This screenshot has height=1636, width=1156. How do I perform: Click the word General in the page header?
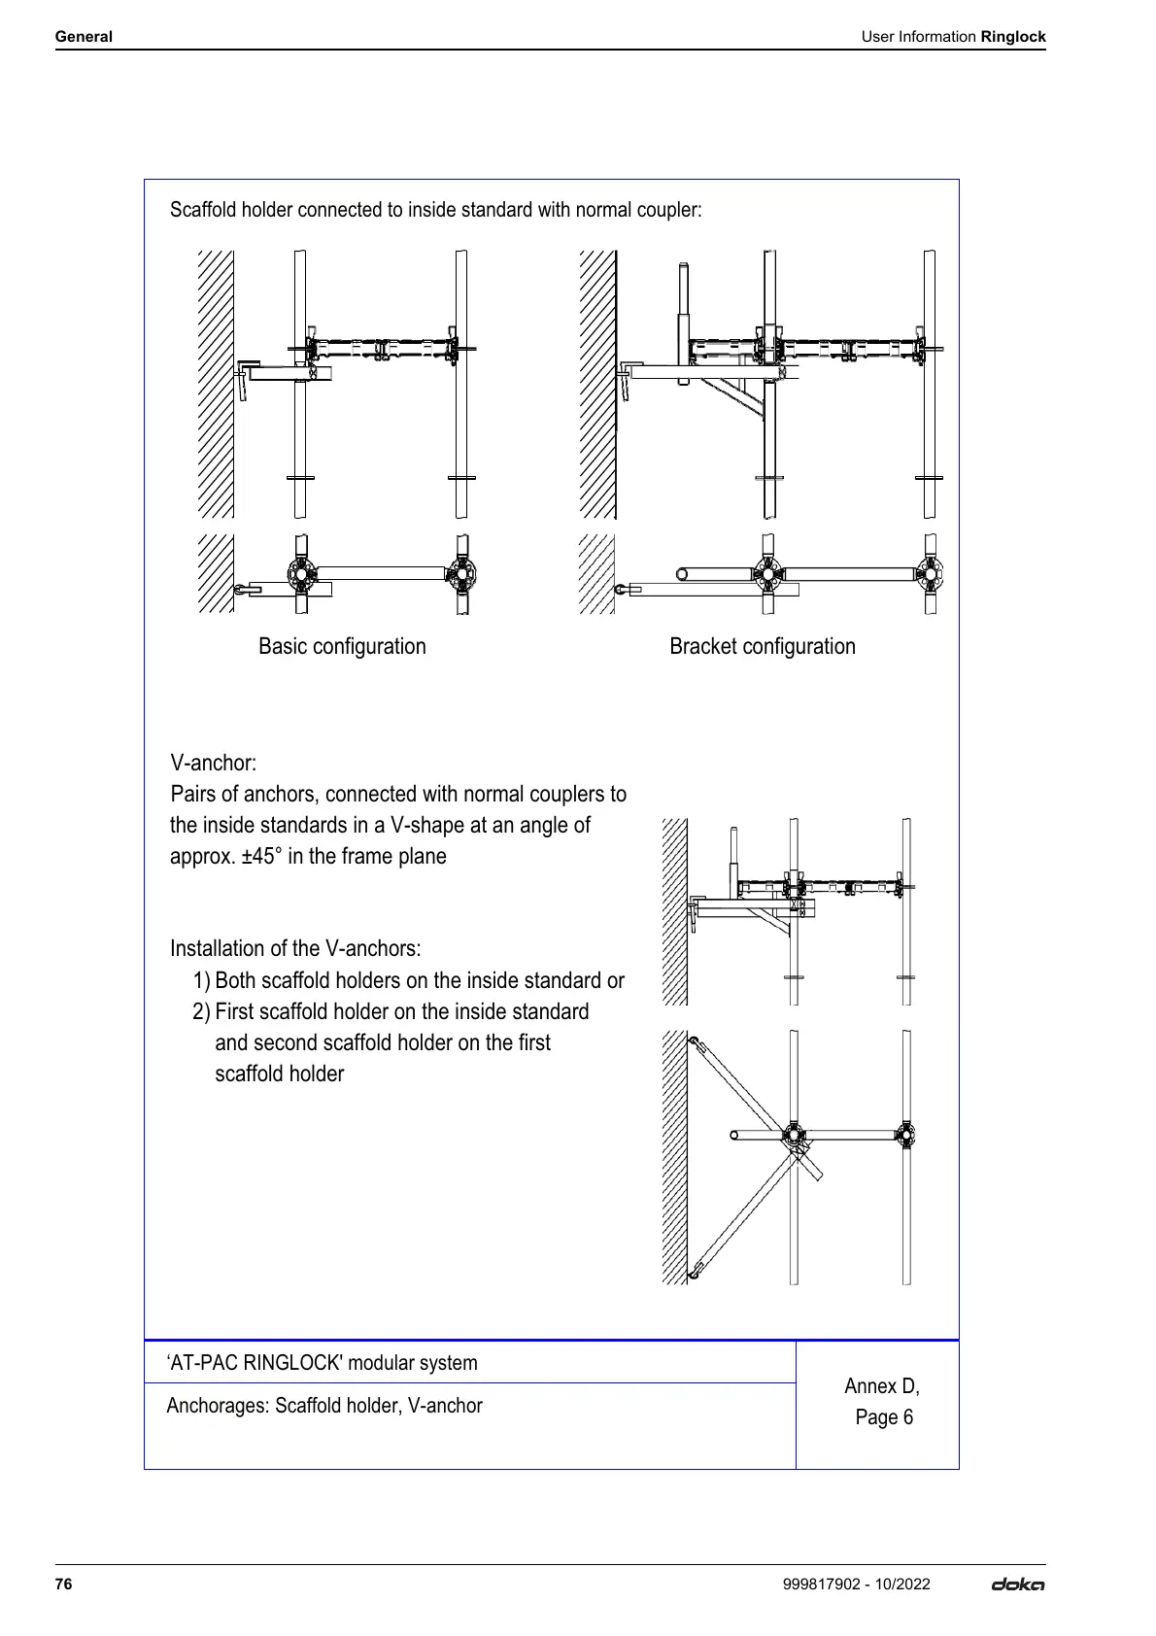(84, 37)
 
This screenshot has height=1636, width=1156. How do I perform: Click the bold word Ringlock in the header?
(1012, 37)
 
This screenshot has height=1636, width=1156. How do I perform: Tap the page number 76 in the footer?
(64, 1584)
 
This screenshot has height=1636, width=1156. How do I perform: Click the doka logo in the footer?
(1017, 1585)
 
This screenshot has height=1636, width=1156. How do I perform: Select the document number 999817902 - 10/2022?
(856, 1584)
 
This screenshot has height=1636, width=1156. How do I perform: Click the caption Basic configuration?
(342, 646)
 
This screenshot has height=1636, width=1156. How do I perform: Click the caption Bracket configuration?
(762, 646)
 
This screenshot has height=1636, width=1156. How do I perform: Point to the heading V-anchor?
(214, 763)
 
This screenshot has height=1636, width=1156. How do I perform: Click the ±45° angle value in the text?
(262, 856)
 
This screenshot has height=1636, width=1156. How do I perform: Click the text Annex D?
(881, 1386)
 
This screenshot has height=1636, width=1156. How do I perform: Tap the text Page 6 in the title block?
(884, 1417)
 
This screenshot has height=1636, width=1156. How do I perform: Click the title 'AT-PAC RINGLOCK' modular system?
(323, 1362)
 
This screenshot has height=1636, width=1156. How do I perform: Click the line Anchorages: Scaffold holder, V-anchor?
(324, 1406)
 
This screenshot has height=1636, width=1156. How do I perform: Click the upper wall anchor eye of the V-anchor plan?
(694, 1043)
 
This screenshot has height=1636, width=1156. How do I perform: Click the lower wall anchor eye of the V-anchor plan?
(694, 1269)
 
